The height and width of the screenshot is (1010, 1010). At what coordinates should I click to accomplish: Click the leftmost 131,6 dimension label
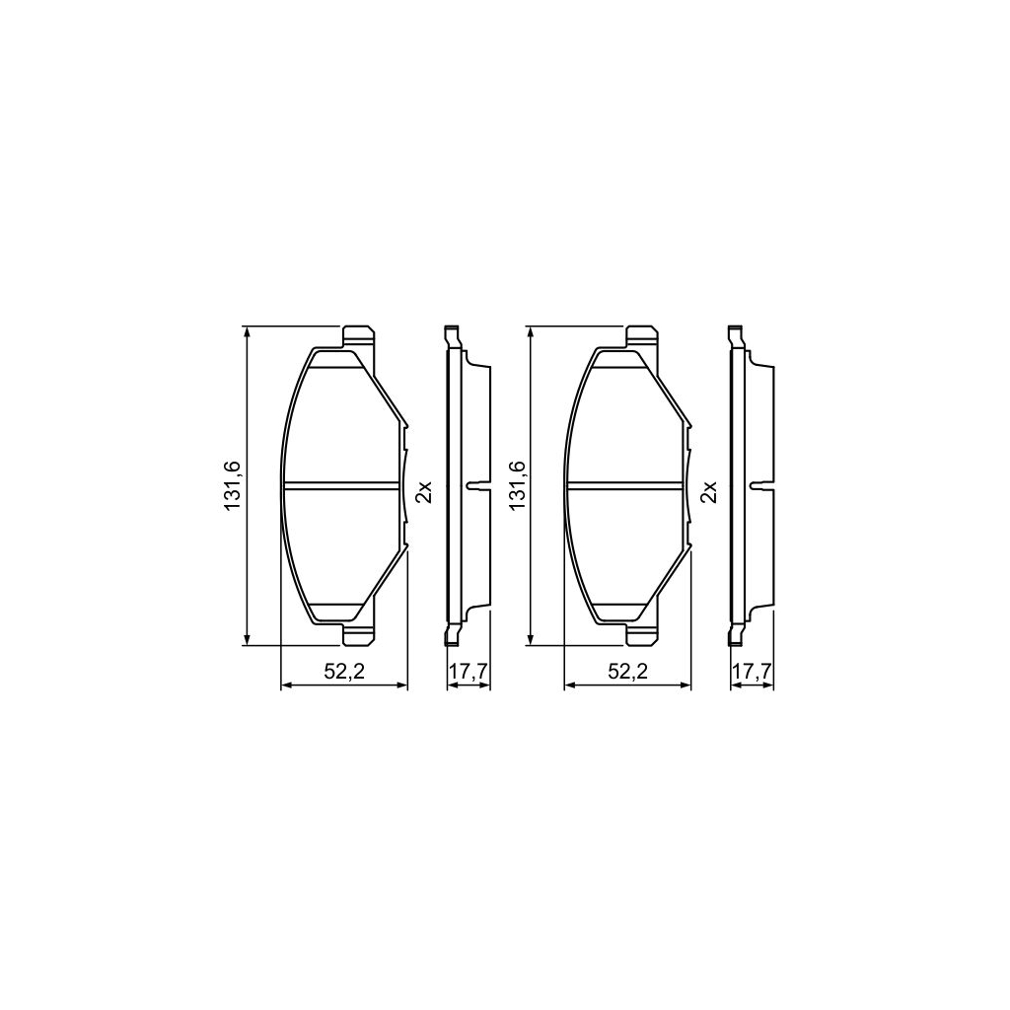pos(231,485)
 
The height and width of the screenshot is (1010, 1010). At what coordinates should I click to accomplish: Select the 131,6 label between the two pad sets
pos(517,485)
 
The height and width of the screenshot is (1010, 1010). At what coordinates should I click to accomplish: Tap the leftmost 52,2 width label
pos(344,673)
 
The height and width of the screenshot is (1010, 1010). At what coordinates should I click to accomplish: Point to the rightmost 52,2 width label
pos(627,673)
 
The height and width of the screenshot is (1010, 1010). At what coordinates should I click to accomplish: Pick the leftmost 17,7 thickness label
pos(469,673)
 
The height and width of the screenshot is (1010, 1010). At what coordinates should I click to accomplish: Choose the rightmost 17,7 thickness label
pos(752,673)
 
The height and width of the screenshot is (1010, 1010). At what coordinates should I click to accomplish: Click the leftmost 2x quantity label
pos(423,491)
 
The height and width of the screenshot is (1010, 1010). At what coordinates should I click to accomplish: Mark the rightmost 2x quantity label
pos(708,491)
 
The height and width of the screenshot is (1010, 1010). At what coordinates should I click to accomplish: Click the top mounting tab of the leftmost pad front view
pos(358,338)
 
